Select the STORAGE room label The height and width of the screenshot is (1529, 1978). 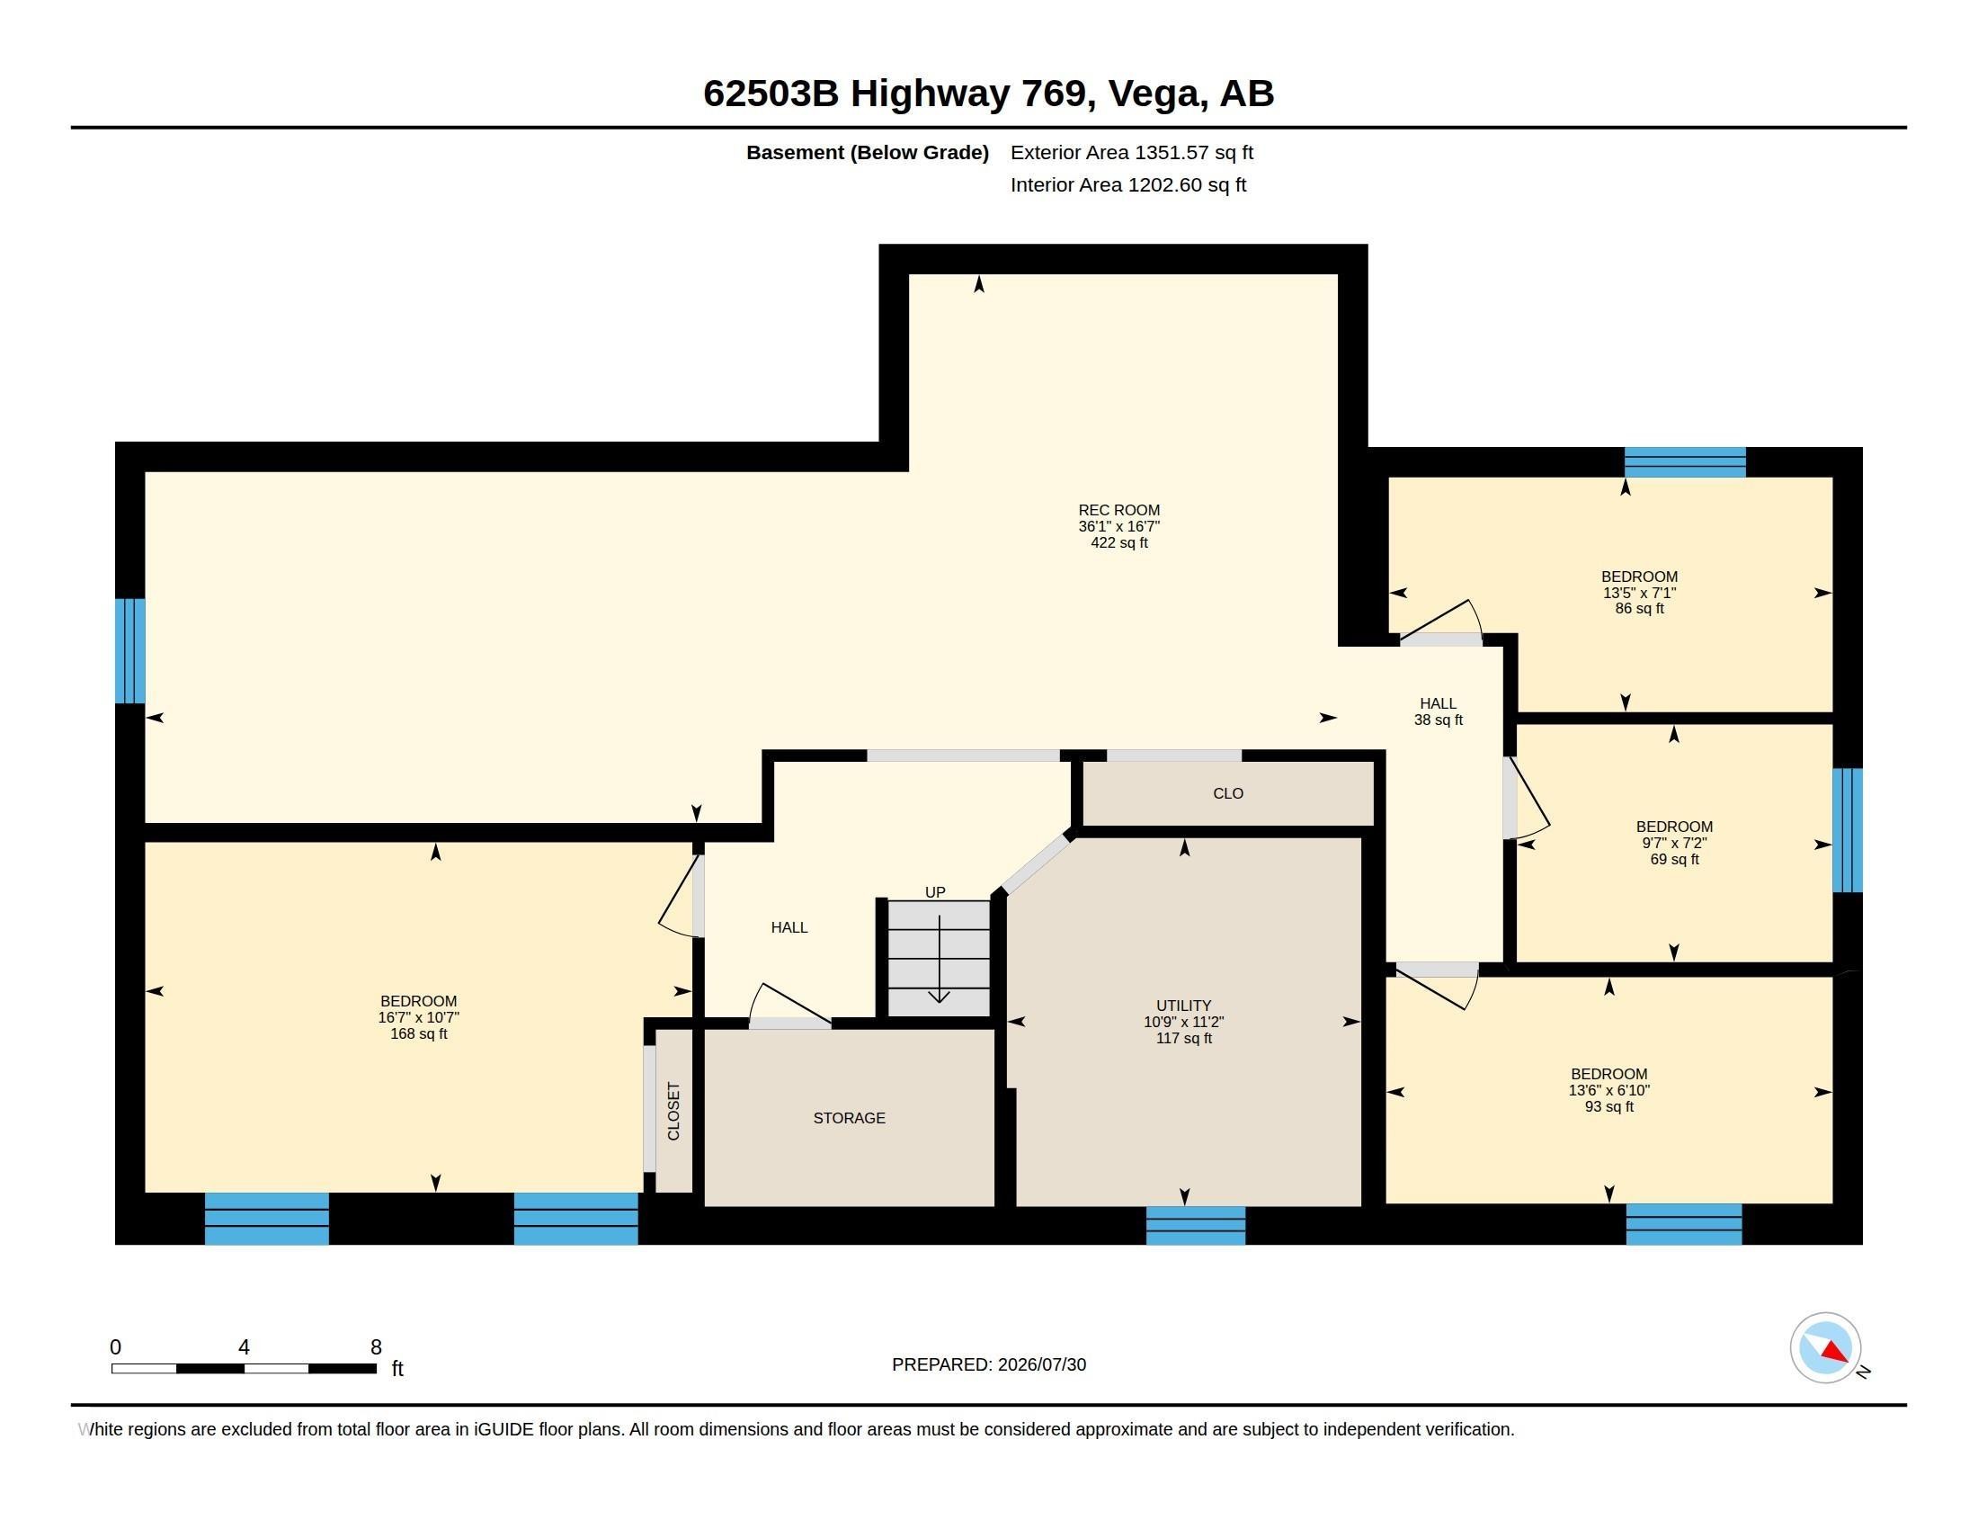850,1118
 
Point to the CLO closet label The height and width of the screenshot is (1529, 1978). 1228,793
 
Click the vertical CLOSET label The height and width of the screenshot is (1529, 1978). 673,1111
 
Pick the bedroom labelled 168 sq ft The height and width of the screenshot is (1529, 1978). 418,1017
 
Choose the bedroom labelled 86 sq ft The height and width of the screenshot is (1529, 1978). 1639,593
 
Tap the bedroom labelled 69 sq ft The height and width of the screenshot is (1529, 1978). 1674,843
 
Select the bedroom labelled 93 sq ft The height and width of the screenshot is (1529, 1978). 1609,1090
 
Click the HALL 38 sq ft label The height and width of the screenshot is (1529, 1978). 1439,711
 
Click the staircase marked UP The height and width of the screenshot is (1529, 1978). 939,958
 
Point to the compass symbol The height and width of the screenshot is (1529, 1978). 1825,1348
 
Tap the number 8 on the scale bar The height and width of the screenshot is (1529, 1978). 376,1347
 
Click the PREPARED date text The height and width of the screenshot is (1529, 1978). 989,1364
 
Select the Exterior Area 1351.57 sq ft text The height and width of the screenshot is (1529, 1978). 1132,152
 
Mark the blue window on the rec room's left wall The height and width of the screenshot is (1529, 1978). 129,650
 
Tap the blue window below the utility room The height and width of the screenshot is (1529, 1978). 1196,1225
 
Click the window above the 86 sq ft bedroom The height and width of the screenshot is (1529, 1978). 1685,462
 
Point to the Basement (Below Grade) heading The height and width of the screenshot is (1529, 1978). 867,153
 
